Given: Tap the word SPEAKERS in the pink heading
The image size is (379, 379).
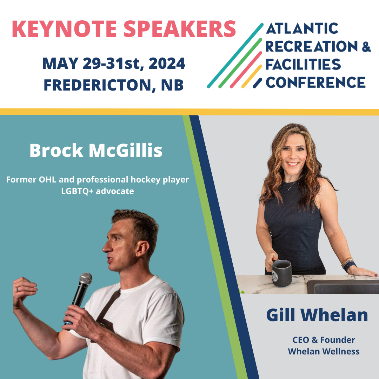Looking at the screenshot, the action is [180, 29].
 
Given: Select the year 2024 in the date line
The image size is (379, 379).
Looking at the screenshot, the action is [167, 63].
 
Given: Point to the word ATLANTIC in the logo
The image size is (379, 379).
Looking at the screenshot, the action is [302, 28].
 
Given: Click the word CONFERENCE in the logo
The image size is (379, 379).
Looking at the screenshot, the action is [316, 82].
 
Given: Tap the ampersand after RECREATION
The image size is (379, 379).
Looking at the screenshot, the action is [366, 46].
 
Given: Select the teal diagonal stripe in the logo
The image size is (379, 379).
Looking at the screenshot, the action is [235, 55].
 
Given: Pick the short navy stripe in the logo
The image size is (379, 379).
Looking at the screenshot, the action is [258, 83].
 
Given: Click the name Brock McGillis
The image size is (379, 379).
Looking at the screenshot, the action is [96, 150].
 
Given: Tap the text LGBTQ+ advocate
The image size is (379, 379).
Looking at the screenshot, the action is [98, 191].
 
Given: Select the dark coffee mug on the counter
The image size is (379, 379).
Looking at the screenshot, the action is [281, 273].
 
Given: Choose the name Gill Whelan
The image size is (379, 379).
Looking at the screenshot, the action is [317, 315].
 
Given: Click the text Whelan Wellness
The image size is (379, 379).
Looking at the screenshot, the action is [324, 351].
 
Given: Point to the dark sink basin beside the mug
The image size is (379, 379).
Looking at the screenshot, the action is [343, 287].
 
